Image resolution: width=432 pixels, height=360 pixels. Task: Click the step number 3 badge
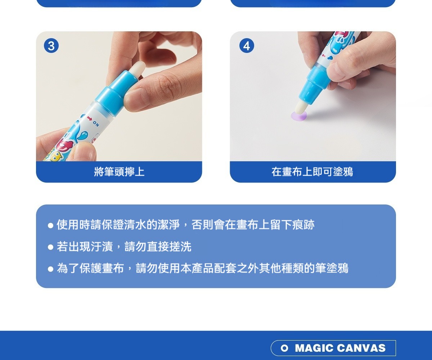(x=51, y=46)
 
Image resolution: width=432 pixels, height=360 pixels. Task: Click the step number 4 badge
(x=247, y=46)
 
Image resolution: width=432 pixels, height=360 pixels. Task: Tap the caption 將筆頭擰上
(x=119, y=172)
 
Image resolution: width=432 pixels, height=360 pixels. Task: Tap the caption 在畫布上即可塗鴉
(x=312, y=172)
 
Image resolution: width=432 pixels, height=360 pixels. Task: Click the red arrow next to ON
(x=89, y=118)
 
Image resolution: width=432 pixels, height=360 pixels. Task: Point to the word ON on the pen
(x=96, y=124)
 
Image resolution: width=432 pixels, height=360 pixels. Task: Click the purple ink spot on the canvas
(x=298, y=116)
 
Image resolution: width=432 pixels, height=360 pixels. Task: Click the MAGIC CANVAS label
(x=333, y=348)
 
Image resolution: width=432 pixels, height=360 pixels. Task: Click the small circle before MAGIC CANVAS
(x=284, y=348)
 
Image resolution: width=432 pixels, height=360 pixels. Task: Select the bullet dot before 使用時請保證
(x=50, y=225)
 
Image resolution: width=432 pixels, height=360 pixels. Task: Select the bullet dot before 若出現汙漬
(x=50, y=247)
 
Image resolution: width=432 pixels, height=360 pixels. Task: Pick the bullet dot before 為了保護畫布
(x=50, y=269)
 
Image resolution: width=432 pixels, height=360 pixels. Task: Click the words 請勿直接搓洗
(x=158, y=247)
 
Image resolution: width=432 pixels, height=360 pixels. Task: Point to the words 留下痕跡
(x=292, y=225)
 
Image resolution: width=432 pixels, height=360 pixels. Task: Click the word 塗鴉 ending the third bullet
(x=337, y=268)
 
